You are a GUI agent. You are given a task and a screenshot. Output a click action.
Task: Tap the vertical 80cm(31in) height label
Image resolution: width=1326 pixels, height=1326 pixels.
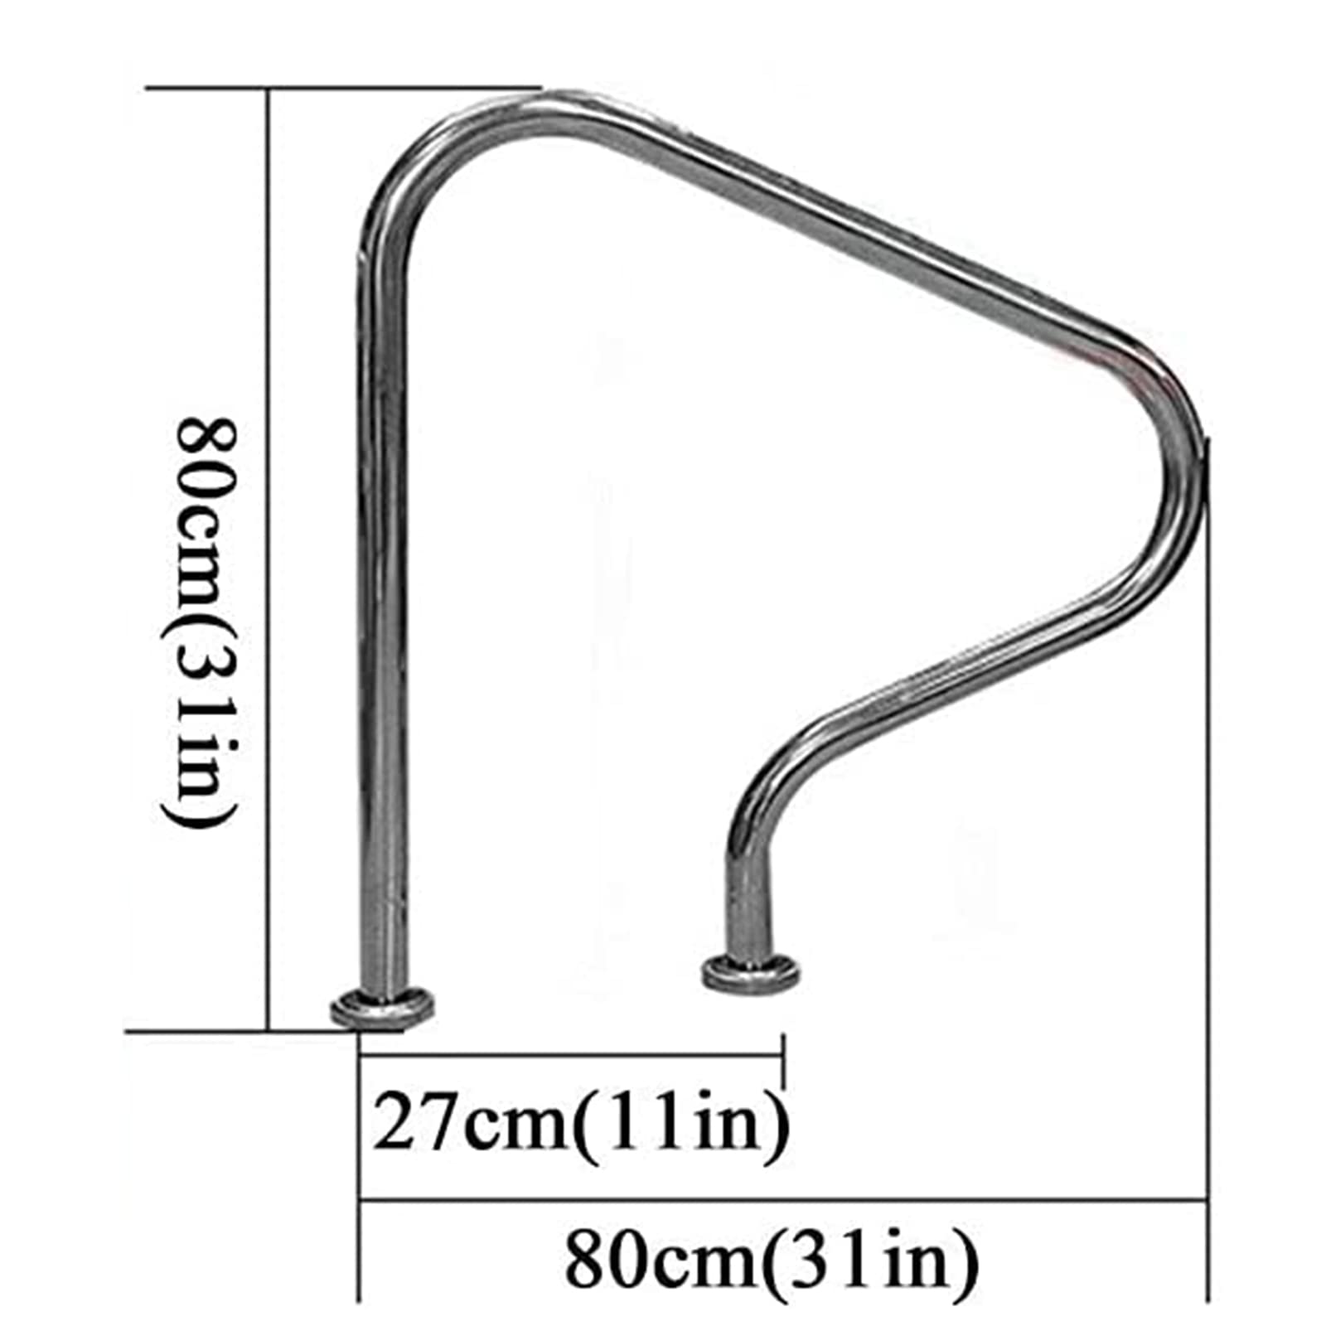coord(199,622)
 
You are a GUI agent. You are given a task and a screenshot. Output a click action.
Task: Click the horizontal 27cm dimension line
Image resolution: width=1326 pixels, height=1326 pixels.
coord(572,1055)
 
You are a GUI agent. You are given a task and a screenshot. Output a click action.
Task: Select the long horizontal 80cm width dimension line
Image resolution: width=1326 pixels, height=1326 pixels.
coord(779,1198)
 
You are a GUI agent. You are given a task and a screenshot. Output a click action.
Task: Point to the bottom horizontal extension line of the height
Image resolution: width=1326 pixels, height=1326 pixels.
coord(240,1032)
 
